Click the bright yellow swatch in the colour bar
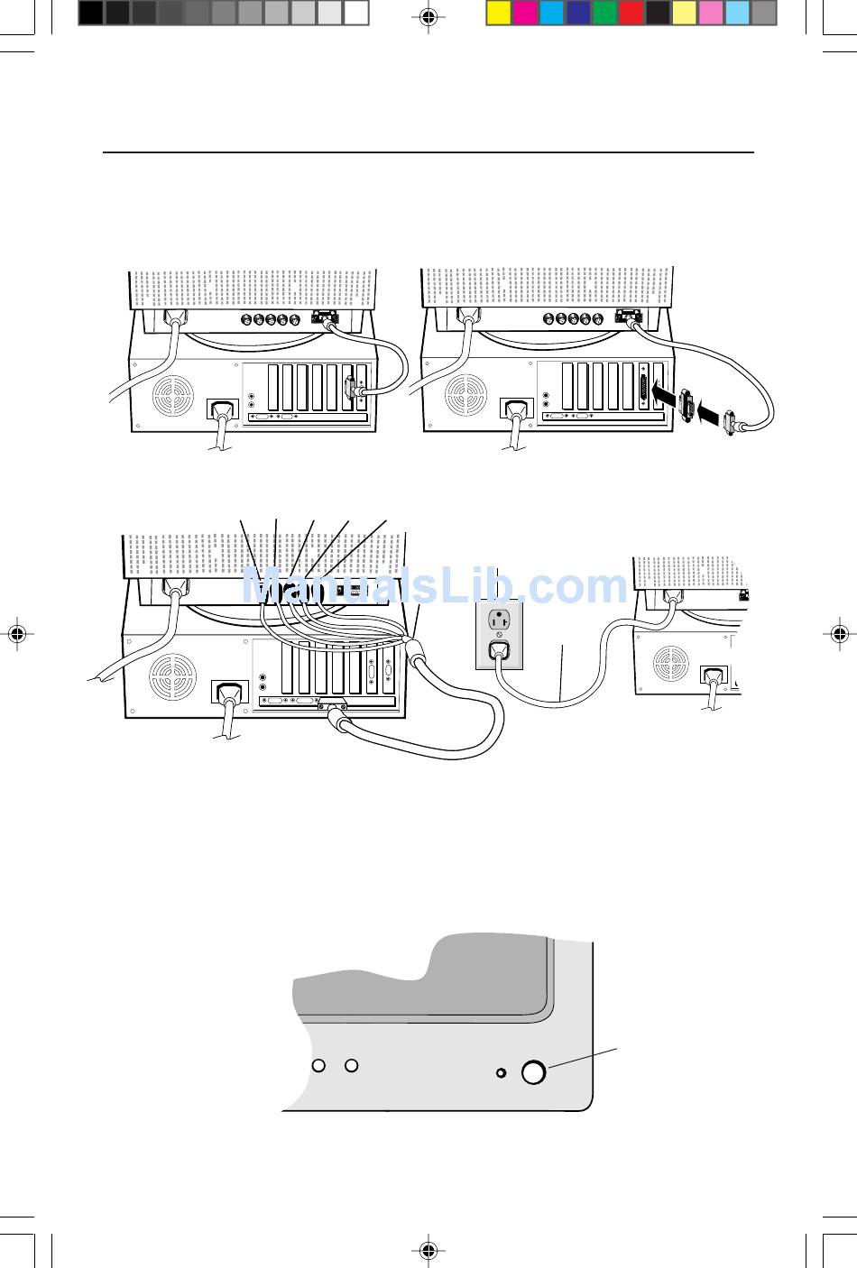point(499,13)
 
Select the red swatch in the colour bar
point(631,13)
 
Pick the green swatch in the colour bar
point(604,13)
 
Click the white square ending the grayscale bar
point(356,13)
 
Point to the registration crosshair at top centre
point(428,16)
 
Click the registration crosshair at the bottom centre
point(428,1250)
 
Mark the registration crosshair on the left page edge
point(17,634)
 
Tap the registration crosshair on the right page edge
point(840,634)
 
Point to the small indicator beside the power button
point(502,1072)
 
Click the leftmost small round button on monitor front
point(318,1065)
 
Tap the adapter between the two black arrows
point(688,405)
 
